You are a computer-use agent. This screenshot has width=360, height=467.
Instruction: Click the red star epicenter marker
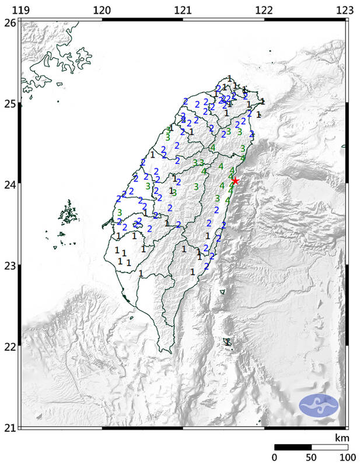pos(235,181)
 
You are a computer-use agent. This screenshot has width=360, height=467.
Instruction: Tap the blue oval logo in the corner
pos(319,406)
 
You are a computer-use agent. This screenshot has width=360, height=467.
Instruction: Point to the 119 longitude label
pos(21,9)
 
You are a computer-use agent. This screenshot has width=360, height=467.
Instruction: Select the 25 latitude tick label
pos(9,104)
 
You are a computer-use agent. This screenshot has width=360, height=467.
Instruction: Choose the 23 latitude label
pos(9,266)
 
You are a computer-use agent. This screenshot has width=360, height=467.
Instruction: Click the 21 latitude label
pos(9,428)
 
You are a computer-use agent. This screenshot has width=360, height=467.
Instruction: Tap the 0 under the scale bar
pos(275,458)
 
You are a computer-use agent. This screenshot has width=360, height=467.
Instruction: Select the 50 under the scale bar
pos(311,458)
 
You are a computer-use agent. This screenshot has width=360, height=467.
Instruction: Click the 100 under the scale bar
pos(348,458)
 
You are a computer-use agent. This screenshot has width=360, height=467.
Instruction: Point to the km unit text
pos(341,437)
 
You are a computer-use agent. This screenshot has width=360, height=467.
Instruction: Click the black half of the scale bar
pos(293,447)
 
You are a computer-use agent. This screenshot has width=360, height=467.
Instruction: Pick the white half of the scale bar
pos(330,447)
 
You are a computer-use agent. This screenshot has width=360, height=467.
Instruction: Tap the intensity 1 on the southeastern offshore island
pos(228,342)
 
